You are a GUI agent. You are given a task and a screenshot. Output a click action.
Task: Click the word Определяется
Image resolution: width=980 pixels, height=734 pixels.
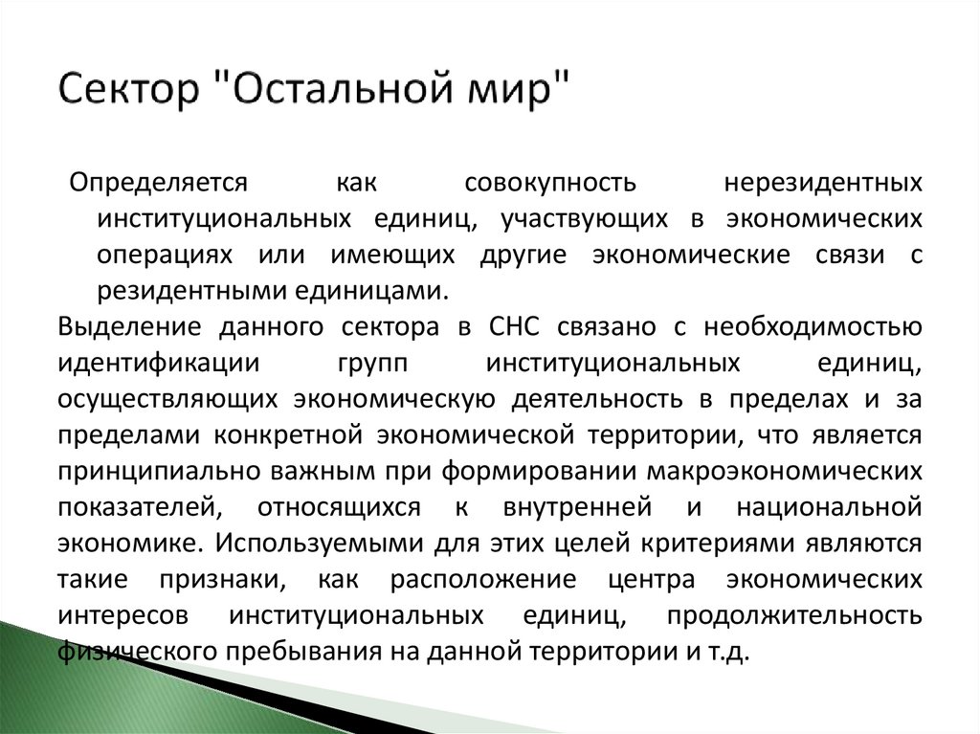click(158, 182)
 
